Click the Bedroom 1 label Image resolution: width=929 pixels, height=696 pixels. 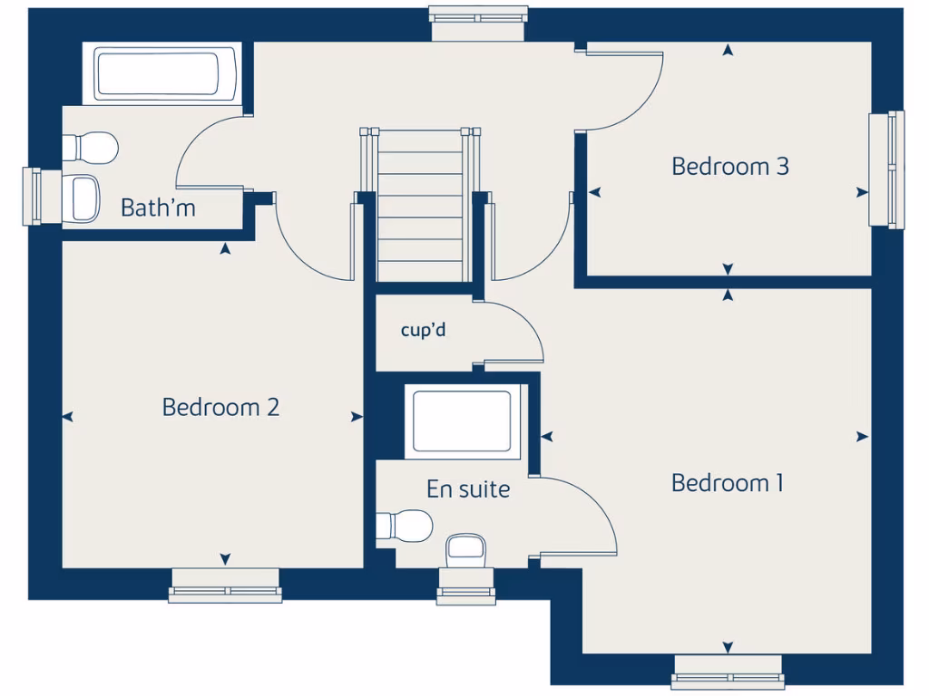coord(727,483)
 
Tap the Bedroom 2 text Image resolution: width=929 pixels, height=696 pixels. coord(220,407)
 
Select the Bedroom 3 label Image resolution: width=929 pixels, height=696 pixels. coord(729,167)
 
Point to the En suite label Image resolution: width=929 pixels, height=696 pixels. coord(468,489)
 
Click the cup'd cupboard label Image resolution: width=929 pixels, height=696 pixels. coord(423,330)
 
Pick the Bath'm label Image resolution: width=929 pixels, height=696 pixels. coord(158,208)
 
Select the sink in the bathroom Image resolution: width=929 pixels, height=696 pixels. coord(83,198)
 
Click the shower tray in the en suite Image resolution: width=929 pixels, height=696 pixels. coord(462,420)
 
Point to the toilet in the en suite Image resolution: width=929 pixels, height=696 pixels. coord(406,525)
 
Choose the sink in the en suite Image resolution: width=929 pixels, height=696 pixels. coord(466,546)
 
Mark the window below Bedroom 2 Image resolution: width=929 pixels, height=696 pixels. coord(225,586)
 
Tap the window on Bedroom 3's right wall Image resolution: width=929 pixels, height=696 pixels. coord(886,169)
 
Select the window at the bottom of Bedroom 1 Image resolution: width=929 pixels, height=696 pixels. coord(728,672)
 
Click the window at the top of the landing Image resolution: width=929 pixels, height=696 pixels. coord(478,24)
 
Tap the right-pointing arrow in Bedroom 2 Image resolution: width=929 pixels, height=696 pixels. coord(356,417)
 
